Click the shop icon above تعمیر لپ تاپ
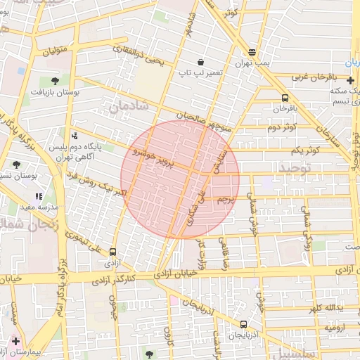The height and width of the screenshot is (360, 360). pos(200,62)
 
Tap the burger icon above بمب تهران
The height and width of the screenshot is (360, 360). pos(252,52)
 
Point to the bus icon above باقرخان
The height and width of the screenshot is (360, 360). pos(285,98)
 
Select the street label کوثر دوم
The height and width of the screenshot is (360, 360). pos(283,127)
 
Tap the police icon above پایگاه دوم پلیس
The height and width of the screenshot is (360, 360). pos(75,136)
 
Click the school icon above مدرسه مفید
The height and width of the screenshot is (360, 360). pos(39,197)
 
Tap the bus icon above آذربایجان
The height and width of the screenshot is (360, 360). pos(243,324)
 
